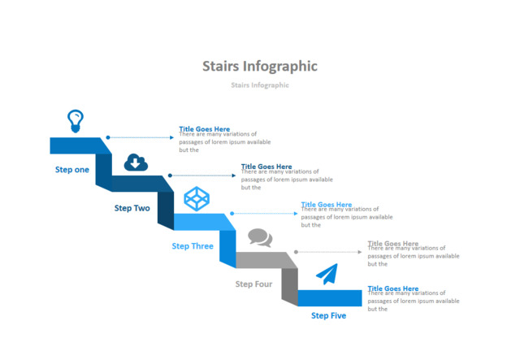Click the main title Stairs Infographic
(259, 66)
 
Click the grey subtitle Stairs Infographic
(259, 85)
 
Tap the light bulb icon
(75, 121)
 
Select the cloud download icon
(136, 163)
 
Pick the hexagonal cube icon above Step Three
(196, 198)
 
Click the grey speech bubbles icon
(259, 238)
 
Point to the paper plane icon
(326, 275)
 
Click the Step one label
(72, 170)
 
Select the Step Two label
(132, 208)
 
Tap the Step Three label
(193, 245)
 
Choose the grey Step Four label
(253, 284)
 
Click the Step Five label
(328, 315)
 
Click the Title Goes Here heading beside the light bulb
(204, 128)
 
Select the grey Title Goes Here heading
(393, 243)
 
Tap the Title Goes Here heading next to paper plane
(393, 288)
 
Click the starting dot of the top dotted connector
(108, 138)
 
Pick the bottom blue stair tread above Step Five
(329, 297)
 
